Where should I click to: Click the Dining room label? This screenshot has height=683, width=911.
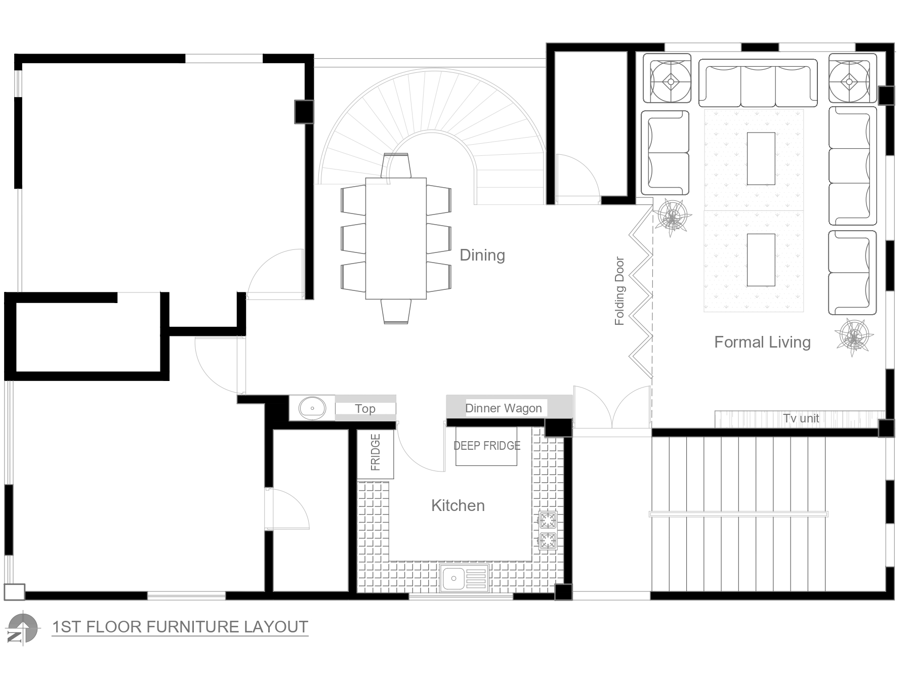(482, 255)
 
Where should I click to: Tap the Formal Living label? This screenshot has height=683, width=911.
(762, 343)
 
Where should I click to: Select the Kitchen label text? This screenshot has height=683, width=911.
(458, 505)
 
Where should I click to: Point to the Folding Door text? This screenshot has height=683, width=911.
(619, 291)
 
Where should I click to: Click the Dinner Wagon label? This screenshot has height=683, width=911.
(504, 408)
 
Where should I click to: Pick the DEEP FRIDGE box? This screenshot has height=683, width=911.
(486, 446)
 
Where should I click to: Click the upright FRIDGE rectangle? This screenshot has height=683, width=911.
(376, 454)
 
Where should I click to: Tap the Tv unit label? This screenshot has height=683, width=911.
(801, 418)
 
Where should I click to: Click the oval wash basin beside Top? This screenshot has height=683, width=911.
(312, 408)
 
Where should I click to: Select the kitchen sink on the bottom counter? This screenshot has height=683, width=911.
(464, 578)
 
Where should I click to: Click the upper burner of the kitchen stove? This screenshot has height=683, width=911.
(548, 520)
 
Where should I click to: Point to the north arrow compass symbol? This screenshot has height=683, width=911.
(22, 629)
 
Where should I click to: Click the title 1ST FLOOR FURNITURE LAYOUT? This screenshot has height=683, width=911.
(180, 627)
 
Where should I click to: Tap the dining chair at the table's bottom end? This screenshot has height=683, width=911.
(396, 311)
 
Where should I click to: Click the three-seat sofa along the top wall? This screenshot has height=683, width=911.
(758, 83)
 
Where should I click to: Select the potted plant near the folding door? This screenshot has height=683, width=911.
(672, 217)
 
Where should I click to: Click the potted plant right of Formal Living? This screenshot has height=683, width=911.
(854, 336)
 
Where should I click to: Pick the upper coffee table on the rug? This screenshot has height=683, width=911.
(761, 159)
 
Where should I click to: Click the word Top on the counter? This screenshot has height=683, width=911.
(365, 409)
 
